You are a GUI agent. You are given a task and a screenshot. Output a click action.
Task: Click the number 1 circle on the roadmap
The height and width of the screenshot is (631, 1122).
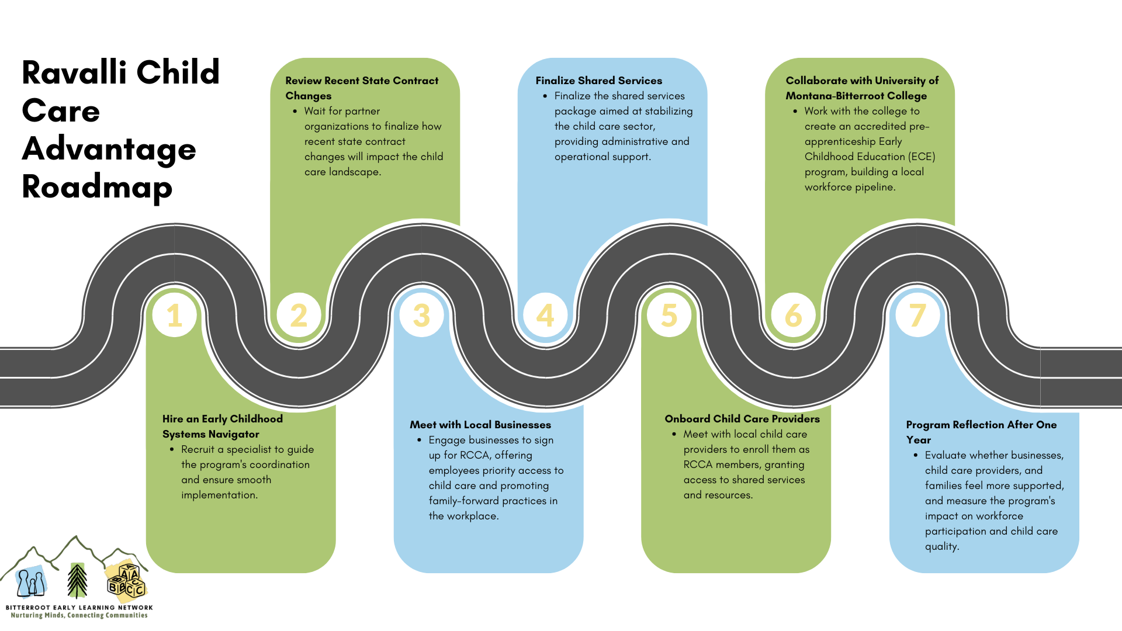(174, 315)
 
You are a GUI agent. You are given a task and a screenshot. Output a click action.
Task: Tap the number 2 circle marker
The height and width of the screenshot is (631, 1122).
(299, 315)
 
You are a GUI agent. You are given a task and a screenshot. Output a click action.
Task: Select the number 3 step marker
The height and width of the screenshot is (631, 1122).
(421, 315)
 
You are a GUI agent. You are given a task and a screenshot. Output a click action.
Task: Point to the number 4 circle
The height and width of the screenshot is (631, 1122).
(545, 315)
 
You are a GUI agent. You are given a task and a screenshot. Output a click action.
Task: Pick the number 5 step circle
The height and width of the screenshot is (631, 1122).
(669, 315)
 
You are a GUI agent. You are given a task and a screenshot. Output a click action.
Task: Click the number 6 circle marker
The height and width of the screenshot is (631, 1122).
(793, 315)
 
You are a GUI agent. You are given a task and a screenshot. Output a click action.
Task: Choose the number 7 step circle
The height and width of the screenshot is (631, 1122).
(917, 315)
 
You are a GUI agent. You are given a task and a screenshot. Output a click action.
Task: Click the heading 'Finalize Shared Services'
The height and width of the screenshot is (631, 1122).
(598, 81)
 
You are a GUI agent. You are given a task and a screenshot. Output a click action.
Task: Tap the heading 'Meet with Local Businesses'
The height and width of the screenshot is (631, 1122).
(480, 425)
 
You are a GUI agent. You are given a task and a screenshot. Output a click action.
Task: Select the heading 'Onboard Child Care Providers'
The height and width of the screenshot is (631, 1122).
(742, 419)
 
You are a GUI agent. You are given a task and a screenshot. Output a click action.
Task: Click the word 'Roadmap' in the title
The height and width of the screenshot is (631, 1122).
(97, 187)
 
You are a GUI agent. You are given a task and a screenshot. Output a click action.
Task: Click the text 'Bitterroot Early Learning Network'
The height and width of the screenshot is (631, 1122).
(79, 608)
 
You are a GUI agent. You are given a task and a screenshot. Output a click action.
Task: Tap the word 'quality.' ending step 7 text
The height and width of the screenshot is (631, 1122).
(941, 546)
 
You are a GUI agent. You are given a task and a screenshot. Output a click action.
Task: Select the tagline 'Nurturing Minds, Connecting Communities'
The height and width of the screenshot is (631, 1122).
(79, 615)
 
